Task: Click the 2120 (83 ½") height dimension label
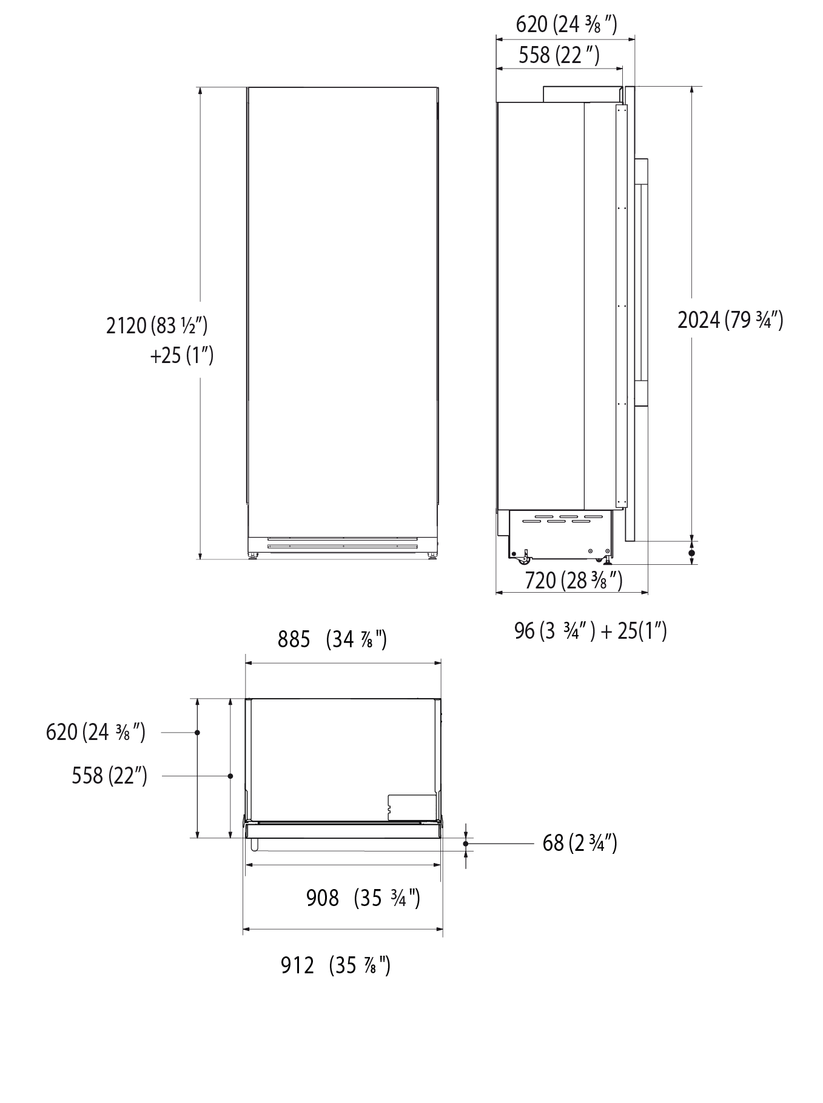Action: pyautogui.click(x=157, y=325)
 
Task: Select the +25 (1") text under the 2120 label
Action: pyautogui.click(x=181, y=355)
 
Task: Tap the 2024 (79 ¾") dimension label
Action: pyautogui.click(x=730, y=319)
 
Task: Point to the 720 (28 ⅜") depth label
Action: pyautogui.click(x=573, y=580)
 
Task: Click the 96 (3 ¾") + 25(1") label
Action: pyautogui.click(x=590, y=631)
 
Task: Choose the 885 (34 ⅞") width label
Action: pyautogui.click(x=332, y=639)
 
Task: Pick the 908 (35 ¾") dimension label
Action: pyautogui.click(x=363, y=898)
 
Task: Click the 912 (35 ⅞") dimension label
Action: pyautogui.click(x=335, y=965)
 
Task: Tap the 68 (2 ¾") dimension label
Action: pyautogui.click(x=579, y=842)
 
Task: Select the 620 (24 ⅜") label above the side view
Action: pyautogui.click(x=566, y=25)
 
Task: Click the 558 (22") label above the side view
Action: pyautogui.click(x=559, y=56)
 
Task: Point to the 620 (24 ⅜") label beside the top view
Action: pyautogui.click(x=96, y=731)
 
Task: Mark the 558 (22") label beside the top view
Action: pyautogui.click(x=109, y=775)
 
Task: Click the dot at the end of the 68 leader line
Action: pyautogui.click(x=465, y=843)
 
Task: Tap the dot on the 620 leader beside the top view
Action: pyautogui.click(x=197, y=733)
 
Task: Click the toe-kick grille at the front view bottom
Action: pyautogui.click(x=343, y=542)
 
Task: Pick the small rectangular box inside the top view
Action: pyautogui.click(x=412, y=807)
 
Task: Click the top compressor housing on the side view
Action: pyautogui.click(x=581, y=94)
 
